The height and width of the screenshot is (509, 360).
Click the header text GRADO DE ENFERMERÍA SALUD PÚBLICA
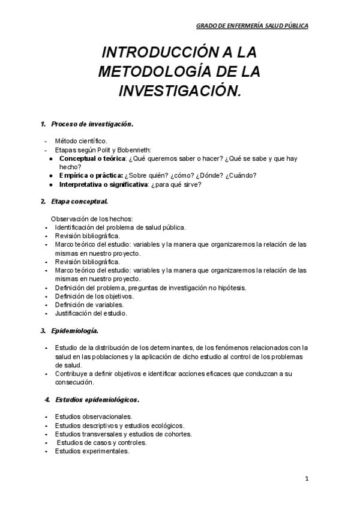[253, 26]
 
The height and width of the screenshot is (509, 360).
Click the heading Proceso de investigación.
[92, 124]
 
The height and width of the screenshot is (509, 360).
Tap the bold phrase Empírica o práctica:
[91, 175]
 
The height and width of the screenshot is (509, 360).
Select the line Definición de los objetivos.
[94, 296]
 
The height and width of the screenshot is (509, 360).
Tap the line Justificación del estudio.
[91, 313]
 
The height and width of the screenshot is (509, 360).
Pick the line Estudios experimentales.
[92, 451]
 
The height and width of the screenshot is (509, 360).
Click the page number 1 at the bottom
[307, 478]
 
